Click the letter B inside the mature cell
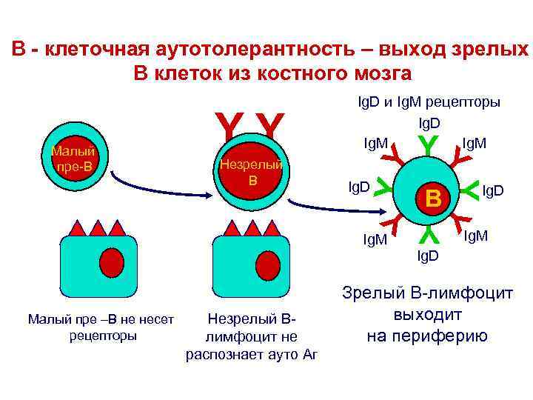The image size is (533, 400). point(433,198)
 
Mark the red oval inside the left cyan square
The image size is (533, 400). point(111,261)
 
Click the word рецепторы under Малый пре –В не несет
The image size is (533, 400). point(99,336)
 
